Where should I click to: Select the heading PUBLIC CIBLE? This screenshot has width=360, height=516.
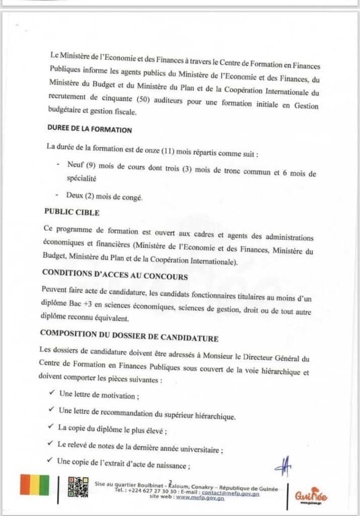coord(71,212)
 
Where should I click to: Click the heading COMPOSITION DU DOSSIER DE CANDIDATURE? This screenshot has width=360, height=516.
coord(128,333)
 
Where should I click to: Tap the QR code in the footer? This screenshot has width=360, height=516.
coord(78,487)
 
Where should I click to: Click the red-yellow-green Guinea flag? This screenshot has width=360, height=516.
coord(34,485)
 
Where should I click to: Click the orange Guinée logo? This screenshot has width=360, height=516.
coord(310,494)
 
